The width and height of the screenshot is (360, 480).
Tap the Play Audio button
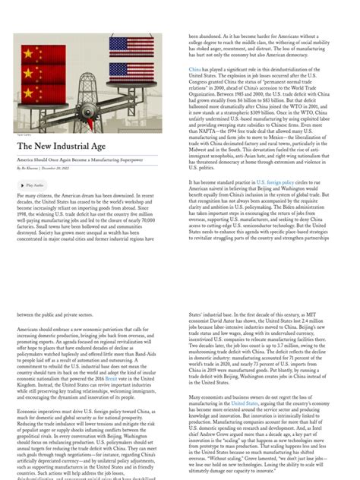pos(31,185)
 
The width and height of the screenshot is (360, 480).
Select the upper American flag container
pos(131,46)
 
